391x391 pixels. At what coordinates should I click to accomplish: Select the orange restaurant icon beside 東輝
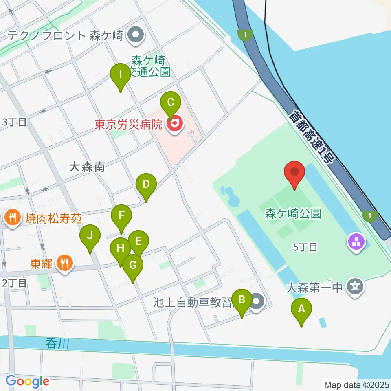click(x=64, y=264)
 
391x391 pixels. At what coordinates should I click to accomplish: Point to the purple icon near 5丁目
click(x=356, y=244)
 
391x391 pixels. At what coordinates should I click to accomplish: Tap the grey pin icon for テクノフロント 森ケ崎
click(x=135, y=35)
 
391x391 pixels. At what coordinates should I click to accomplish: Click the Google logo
click(x=27, y=381)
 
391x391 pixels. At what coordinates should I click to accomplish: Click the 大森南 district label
click(x=87, y=167)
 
